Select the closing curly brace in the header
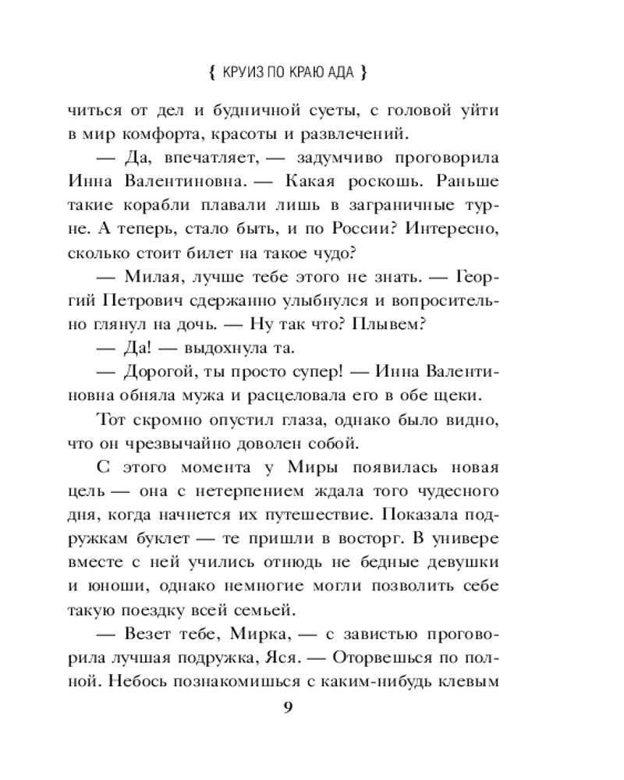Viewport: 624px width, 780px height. pos(364,74)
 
